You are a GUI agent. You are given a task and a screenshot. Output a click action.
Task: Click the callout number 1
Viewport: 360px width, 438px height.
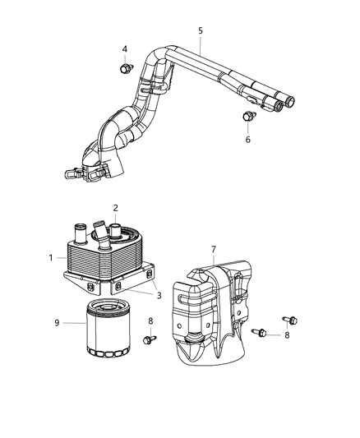pyautogui.click(x=51, y=258)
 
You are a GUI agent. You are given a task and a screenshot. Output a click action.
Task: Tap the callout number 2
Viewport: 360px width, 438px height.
pyautogui.click(x=116, y=208)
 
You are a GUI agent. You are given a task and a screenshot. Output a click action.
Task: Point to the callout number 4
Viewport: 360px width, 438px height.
pyautogui.click(x=125, y=48)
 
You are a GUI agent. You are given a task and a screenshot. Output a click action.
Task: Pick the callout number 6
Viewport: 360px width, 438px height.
pyautogui.click(x=248, y=140)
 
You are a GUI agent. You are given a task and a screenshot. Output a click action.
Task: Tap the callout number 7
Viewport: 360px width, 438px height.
pyautogui.click(x=213, y=248)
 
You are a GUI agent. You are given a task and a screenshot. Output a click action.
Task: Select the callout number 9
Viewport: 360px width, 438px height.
pyautogui.click(x=57, y=323)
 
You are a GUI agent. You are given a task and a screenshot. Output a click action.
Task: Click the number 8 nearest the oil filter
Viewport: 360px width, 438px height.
pyautogui.click(x=150, y=320)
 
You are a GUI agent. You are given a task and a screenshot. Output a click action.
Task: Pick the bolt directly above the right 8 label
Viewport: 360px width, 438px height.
pyautogui.click(x=289, y=319)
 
